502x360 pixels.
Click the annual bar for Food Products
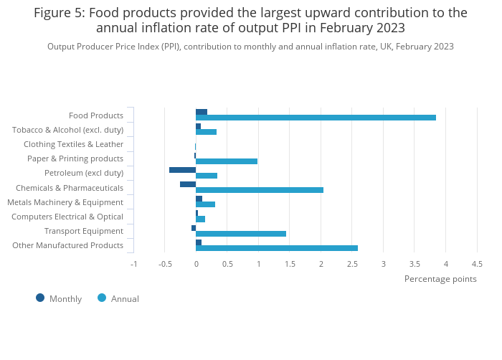(316, 118)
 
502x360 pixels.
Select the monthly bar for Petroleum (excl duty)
(182, 170)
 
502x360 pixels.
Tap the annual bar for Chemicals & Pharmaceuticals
(260, 190)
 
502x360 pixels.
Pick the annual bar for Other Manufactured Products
(277, 248)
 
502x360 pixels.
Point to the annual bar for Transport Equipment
(241, 234)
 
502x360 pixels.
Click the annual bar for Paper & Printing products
(227, 161)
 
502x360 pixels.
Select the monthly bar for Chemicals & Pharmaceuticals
(188, 184)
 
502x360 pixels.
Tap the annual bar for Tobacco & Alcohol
(206, 132)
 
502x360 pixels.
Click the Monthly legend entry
(60, 298)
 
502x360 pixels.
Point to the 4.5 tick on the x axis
(477, 264)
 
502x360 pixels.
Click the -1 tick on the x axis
(133, 264)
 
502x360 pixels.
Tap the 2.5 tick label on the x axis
(352, 264)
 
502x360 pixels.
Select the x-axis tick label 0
(196, 264)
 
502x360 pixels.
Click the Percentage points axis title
(440, 279)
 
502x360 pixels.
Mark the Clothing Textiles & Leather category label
(74, 144)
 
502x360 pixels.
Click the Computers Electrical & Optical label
(67, 217)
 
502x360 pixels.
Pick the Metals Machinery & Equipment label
(65, 202)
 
